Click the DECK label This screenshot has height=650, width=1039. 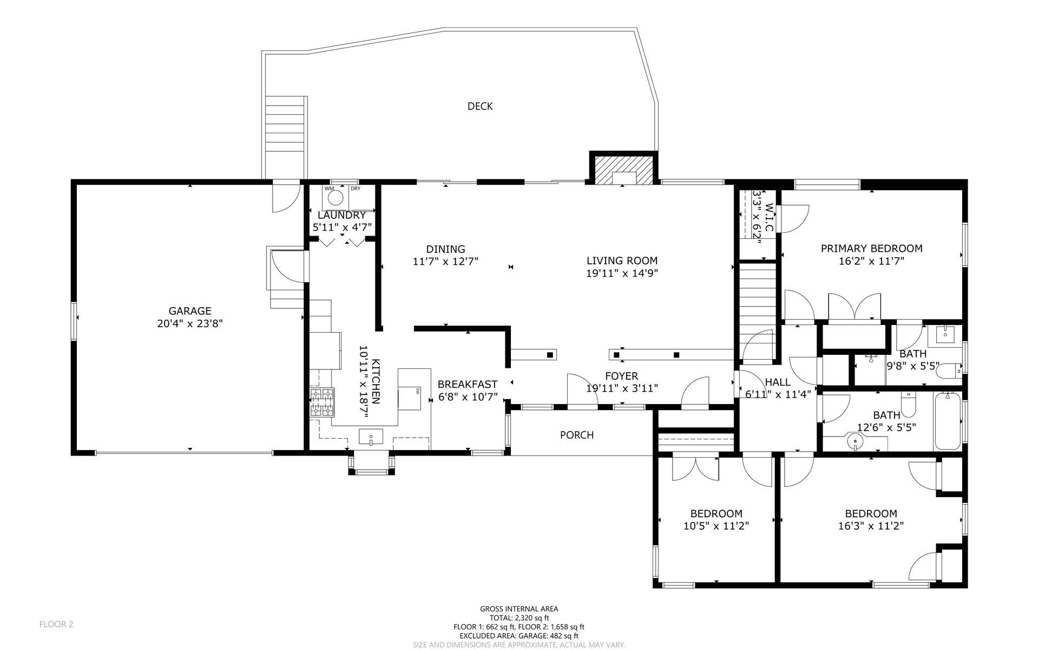pos(480,106)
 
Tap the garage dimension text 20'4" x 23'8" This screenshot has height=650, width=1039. pos(189,324)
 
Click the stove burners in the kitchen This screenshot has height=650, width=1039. pos(321,402)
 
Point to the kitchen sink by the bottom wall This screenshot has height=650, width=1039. pos(371,436)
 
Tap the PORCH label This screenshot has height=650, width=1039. pos(577,435)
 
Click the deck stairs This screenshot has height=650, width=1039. pos(286,126)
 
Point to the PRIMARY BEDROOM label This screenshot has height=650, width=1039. pos(871,249)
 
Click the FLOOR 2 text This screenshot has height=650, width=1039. pos(56,624)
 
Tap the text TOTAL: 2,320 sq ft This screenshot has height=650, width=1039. pos(519,617)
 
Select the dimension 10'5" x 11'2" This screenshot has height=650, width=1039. pos(716,525)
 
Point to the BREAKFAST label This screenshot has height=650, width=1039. pos(468,385)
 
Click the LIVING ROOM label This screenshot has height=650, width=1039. pos(622,261)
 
